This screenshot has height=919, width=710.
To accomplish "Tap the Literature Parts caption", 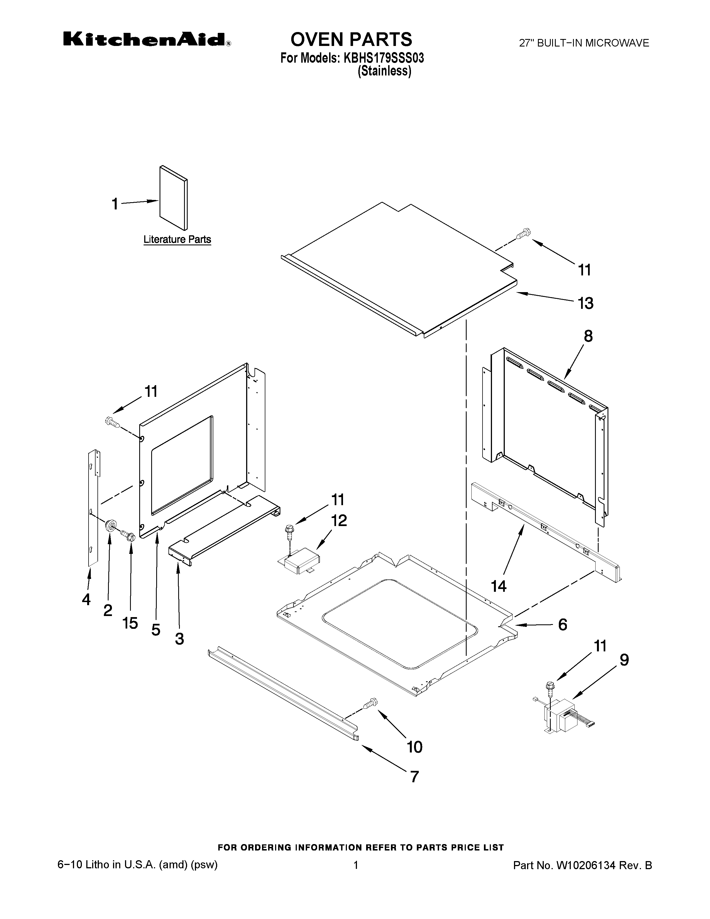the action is (177, 239).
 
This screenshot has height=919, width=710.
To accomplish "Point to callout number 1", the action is (115, 204).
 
